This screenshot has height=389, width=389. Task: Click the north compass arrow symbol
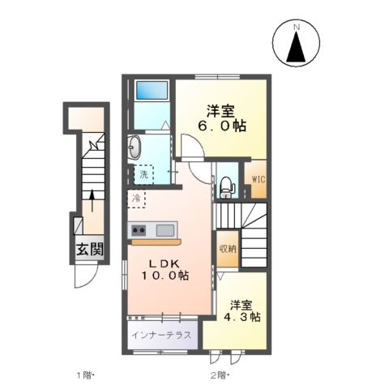(x=297, y=49)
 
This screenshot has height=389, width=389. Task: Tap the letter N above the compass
(x=297, y=28)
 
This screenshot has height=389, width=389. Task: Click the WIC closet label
(x=256, y=180)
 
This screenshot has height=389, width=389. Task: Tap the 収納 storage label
(x=226, y=248)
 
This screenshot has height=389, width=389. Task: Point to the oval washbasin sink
(x=135, y=148)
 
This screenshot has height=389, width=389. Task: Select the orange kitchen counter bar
(x=156, y=242)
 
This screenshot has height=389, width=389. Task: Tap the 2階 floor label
(x=220, y=375)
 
